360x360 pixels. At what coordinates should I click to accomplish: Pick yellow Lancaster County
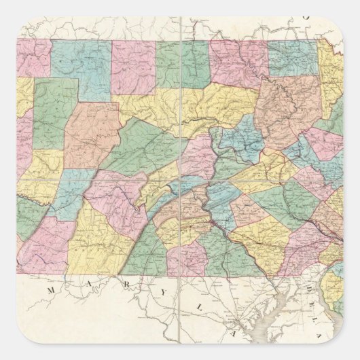[262, 238]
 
